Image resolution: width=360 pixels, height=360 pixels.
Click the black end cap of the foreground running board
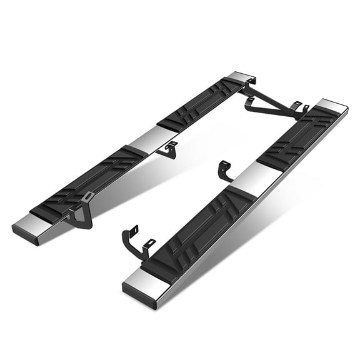[137, 297]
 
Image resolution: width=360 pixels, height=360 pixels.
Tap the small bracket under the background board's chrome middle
[167, 150]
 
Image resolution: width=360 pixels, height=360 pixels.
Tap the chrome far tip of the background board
[241, 76]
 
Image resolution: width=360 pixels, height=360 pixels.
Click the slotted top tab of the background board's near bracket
[88, 197]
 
